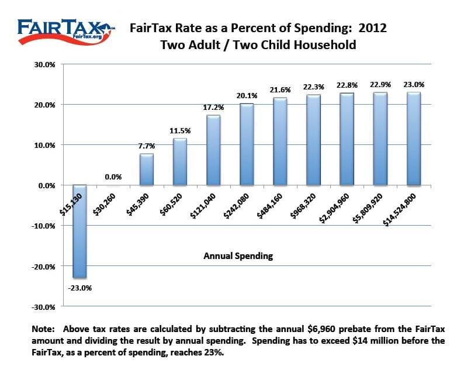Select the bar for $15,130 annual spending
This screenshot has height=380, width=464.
pyautogui.click(x=80, y=231)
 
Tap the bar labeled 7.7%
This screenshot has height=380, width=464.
pyautogui.click(x=147, y=169)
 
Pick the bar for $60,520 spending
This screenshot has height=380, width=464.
pyautogui.click(x=180, y=161)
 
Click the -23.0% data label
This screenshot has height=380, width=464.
pyautogui.click(x=81, y=287)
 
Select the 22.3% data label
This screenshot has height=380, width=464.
pyautogui.click(x=313, y=86)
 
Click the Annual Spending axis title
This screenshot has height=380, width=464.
pyautogui.click(x=238, y=255)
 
